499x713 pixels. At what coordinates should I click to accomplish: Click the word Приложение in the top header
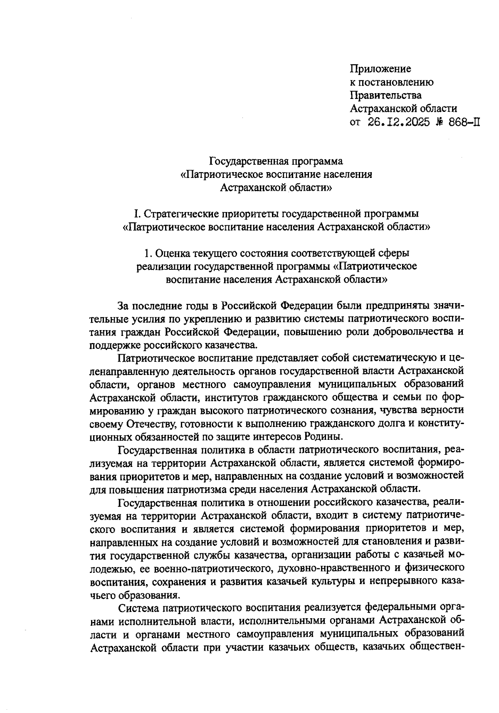(380, 69)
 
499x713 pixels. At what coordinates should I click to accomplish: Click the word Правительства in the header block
(385, 95)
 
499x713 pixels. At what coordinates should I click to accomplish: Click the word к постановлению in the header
(392, 82)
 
